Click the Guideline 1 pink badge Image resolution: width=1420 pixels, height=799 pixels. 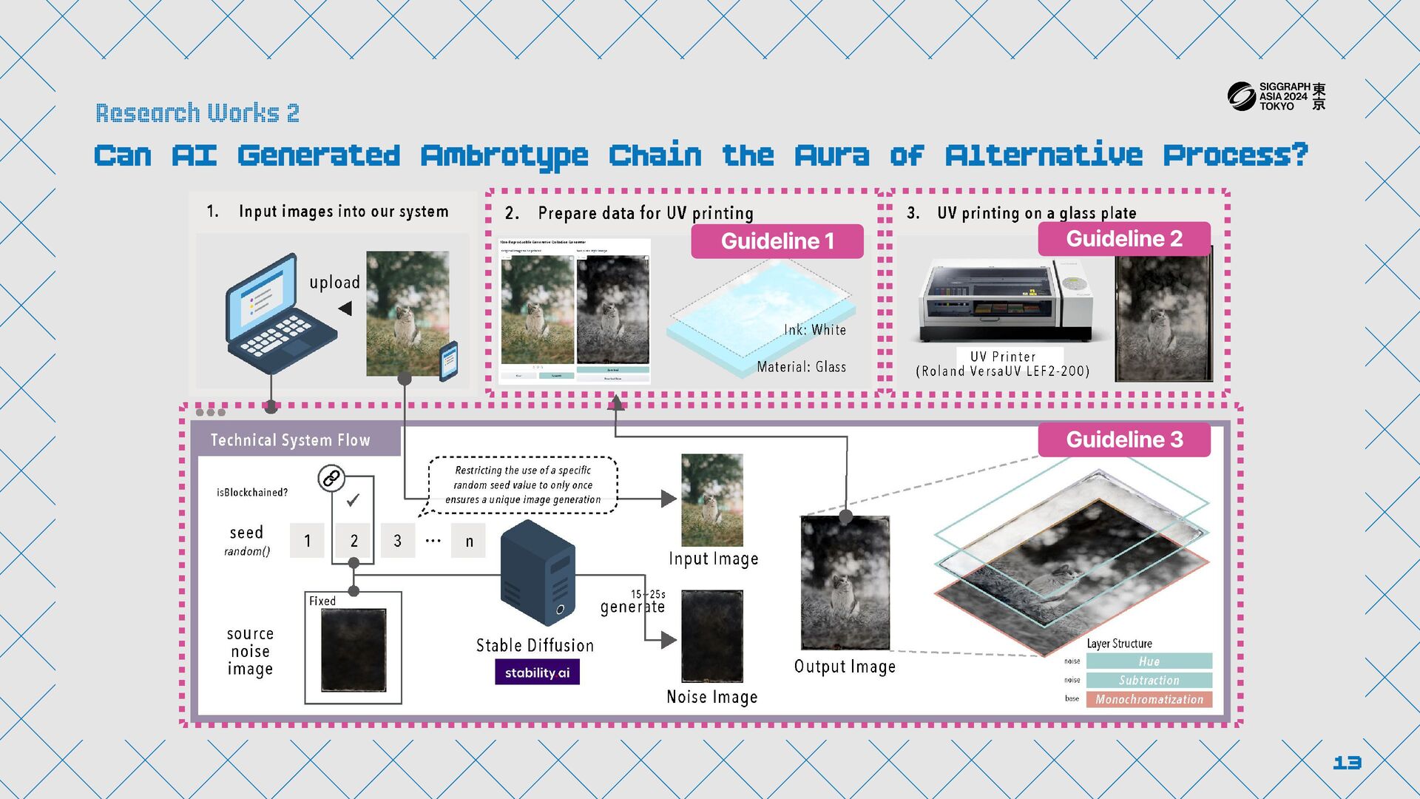(x=777, y=241)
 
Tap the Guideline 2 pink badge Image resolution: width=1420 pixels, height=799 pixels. (x=1123, y=239)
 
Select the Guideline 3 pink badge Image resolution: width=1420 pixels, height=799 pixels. (x=1123, y=439)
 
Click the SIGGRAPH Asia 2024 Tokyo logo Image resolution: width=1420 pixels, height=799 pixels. (x=1276, y=96)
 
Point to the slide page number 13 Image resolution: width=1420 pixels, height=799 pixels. (x=1347, y=763)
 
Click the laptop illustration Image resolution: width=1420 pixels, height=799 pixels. (x=277, y=314)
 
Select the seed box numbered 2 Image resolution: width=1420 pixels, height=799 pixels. (x=354, y=541)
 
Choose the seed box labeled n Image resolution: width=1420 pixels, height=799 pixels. (x=469, y=541)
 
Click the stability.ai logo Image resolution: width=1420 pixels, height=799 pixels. (x=537, y=672)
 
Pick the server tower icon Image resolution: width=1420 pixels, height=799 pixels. (x=538, y=572)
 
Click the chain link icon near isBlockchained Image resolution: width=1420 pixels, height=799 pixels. (x=331, y=479)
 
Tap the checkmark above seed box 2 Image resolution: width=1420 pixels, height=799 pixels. (x=353, y=500)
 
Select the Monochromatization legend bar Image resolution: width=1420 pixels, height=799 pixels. (x=1149, y=699)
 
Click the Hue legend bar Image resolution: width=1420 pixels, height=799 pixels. (x=1149, y=661)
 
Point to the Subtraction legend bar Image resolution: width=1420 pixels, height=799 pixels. (x=1149, y=680)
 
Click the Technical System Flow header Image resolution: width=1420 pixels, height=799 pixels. (x=291, y=440)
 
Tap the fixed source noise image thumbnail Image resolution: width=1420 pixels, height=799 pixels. (x=354, y=650)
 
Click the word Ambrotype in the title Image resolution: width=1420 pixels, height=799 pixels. (x=504, y=156)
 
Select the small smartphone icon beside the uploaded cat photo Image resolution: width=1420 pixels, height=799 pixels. (x=448, y=361)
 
